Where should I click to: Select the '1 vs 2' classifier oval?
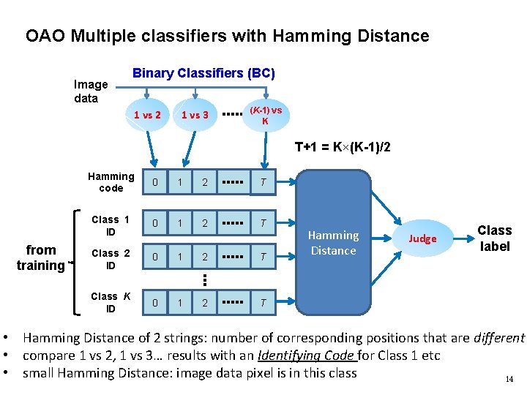click(x=148, y=115)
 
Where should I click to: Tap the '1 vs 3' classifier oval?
click(x=195, y=115)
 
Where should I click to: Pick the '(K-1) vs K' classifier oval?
click(x=265, y=115)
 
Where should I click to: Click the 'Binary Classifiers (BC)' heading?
click(x=203, y=73)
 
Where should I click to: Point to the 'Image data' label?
click(x=91, y=91)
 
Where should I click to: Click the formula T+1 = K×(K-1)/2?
click(x=343, y=148)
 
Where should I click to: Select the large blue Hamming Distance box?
click(x=333, y=243)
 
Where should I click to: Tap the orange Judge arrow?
click(x=422, y=238)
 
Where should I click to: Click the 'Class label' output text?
click(x=495, y=238)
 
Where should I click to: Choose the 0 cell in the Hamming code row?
click(x=153, y=182)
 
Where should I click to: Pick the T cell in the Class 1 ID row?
click(x=263, y=222)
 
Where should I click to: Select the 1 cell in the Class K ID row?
click(x=179, y=302)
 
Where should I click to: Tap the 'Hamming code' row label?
click(x=111, y=182)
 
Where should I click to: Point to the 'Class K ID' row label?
click(x=111, y=302)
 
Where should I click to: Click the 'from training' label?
click(x=40, y=257)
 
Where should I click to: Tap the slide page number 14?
click(x=509, y=379)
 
